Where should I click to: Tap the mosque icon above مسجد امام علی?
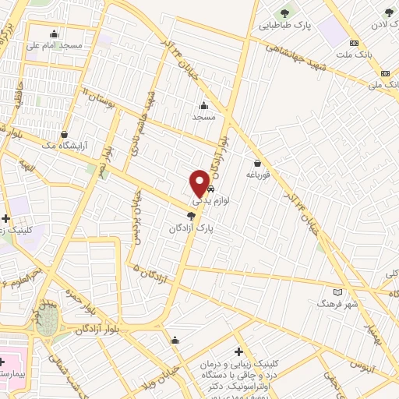tap(54, 34)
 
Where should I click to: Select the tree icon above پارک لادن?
tap(389, 12)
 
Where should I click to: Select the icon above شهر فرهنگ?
tap(327, 293)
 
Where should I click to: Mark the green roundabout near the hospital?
tap(47, 320)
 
